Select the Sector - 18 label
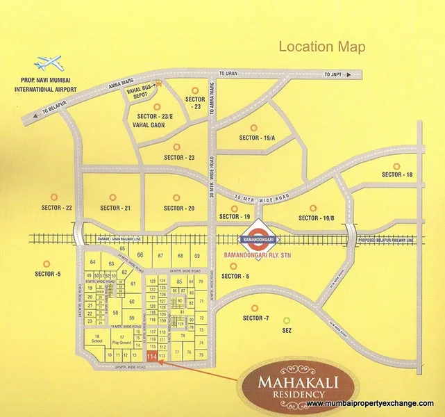pos(397,174)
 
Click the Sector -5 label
pos(48,274)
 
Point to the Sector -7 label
pos(255,318)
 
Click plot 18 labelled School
pos(96,340)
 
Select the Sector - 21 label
pos(115,207)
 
